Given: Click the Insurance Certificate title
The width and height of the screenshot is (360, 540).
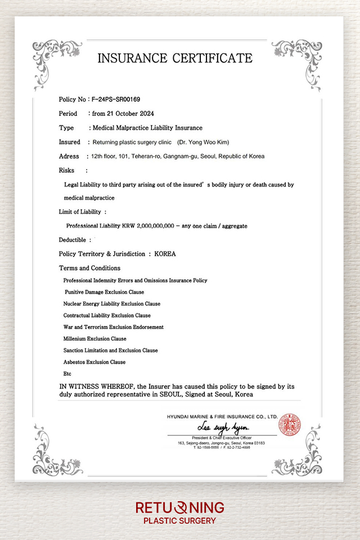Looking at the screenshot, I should pyautogui.click(x=175, y=58).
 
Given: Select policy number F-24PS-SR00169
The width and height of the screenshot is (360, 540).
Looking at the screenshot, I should pyautogui.click(x=115, y=100).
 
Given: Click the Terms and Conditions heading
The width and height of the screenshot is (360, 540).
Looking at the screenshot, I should pyautogui.click(x=89, y=268).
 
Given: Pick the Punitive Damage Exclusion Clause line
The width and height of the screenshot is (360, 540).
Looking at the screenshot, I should pyautogui.click(x=104, y=292).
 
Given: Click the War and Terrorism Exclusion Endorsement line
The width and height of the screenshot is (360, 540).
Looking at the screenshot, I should pyautogui.click(x=114, y=327).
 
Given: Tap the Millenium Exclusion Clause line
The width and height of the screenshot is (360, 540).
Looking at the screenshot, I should pyautogui.click(x=95, y=339).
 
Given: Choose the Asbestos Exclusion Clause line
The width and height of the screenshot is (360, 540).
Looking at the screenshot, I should pyautogui.click(x=94, y=362).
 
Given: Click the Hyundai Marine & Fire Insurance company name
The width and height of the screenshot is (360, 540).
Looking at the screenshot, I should pyautogui.click(x=222, y=417).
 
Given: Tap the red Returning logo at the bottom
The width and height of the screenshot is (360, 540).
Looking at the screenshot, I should pyautogui.click(x=180, y=508).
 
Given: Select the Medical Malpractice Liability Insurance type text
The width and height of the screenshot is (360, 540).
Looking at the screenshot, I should pyautogui.click(x=147, y=128).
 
